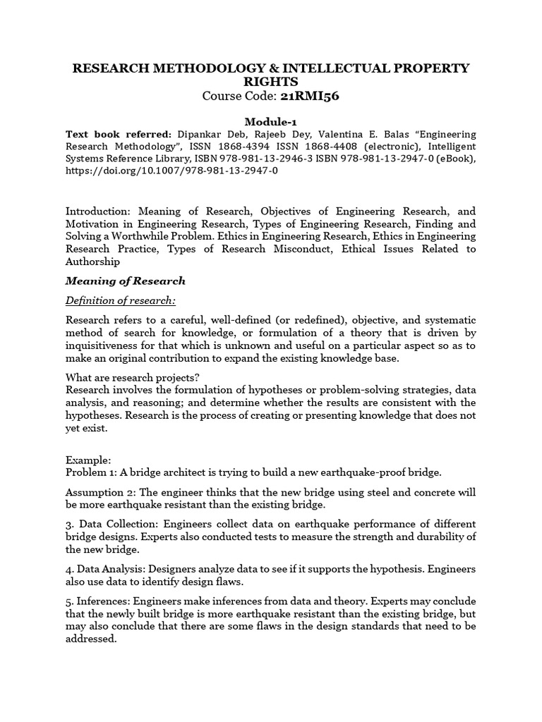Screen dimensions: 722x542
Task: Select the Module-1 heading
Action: [271, 121]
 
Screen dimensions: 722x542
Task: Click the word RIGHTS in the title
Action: [271, 82]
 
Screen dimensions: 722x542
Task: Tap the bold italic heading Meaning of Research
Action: [126, 281]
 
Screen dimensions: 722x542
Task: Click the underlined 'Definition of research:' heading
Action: [121, 301]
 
